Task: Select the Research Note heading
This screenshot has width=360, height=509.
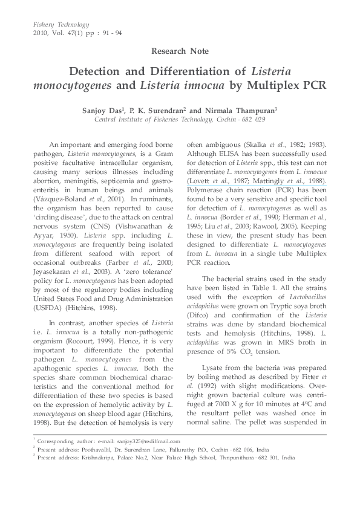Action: click(180, 51)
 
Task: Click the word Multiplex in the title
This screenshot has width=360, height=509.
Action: click(267, 85)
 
